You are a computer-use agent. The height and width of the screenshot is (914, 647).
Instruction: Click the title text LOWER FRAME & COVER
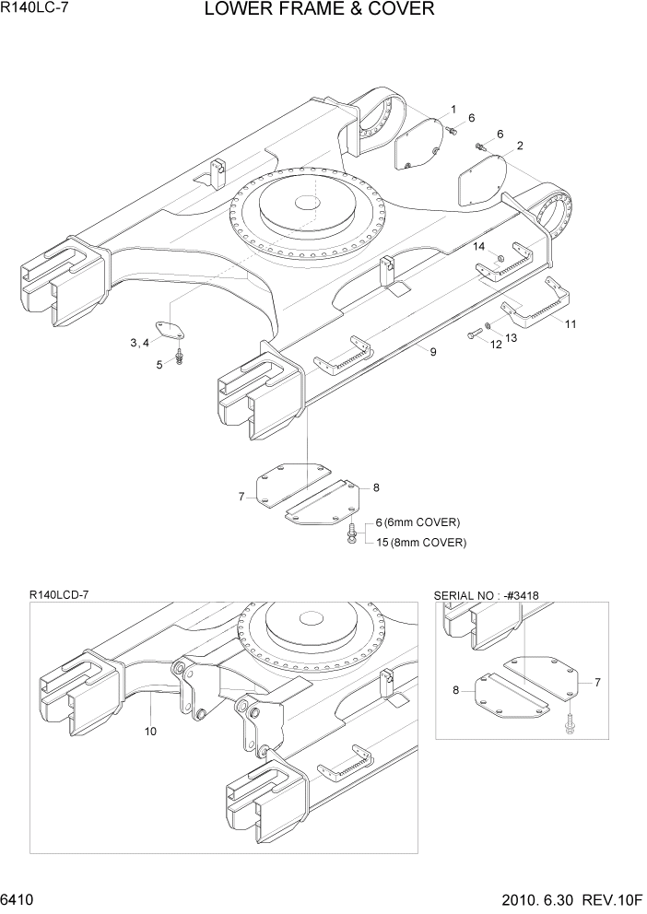(319, 10)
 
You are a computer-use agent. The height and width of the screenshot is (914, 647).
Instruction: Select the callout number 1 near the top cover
(453, 109)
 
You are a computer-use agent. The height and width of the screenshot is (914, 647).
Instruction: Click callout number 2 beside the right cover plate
(520, 146)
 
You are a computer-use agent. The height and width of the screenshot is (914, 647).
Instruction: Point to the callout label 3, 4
(140, 343)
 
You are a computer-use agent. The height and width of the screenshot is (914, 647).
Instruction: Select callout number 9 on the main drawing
(432, 352)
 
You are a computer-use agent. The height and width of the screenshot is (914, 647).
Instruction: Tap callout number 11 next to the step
(571, 324)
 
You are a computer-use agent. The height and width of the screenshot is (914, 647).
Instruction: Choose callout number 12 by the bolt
(495, 345)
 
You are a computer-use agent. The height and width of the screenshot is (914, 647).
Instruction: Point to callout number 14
(479, 246)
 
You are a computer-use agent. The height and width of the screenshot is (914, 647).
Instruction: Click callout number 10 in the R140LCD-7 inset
(150, 732)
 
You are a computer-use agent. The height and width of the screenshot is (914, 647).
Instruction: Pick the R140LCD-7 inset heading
(59, 596)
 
